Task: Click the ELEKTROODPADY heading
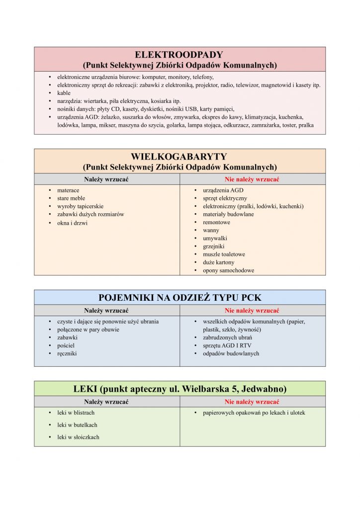180,55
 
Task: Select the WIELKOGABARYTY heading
180,157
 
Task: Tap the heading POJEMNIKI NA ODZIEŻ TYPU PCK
180,298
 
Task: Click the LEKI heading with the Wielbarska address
180,389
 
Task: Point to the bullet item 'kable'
64,93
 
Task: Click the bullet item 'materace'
68,190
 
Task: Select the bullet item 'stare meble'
71,198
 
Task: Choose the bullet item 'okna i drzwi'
73,223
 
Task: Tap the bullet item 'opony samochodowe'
228,270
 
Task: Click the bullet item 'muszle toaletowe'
224,254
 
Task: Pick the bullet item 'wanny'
211,230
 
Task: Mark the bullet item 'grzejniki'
213,246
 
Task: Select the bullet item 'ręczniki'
67,353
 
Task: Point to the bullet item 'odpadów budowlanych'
231,353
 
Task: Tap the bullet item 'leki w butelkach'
77,425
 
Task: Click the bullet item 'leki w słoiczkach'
78,437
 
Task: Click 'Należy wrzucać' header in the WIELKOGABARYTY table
106,179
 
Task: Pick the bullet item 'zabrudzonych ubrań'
227,338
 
